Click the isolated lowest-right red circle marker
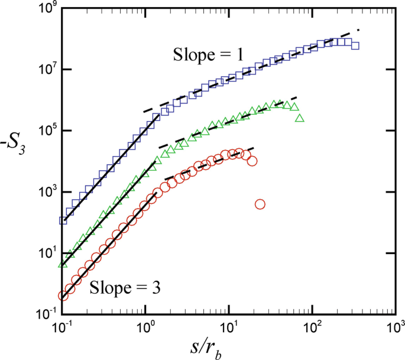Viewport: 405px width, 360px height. [260, 204]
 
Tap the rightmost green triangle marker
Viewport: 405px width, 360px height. [299, 118]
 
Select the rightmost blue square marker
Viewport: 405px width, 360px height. [355, 46]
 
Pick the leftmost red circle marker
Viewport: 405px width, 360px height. [63, 296]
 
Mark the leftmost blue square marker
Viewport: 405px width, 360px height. [63, 220]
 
